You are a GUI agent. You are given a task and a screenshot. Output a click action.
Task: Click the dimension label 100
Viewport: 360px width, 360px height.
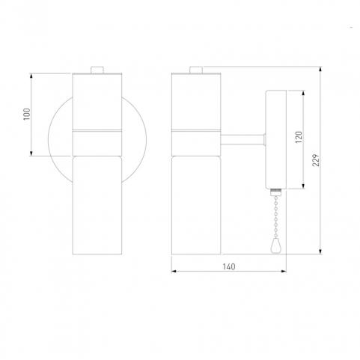click(x=27, y=114)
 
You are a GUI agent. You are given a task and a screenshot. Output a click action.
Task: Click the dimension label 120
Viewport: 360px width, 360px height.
click(x=299, y=137)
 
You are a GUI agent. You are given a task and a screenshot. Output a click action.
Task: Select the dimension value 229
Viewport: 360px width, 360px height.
click(x=316, y=160)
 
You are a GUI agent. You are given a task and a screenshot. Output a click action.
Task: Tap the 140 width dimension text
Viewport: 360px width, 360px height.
click(x=229, y=266)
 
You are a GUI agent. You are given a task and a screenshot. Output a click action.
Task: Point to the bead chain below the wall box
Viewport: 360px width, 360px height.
click(x=275, y=216)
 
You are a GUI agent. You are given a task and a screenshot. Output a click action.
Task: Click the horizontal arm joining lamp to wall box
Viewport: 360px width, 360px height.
click(x=242, y=139)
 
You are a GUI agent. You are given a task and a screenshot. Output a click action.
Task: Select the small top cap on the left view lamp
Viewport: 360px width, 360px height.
click(x=97, y=70)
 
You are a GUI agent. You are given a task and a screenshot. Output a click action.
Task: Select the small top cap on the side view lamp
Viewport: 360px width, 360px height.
click(x=196, y=70)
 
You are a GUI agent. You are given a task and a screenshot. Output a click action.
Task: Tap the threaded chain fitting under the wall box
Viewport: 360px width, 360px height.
click(x=275, y=192)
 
